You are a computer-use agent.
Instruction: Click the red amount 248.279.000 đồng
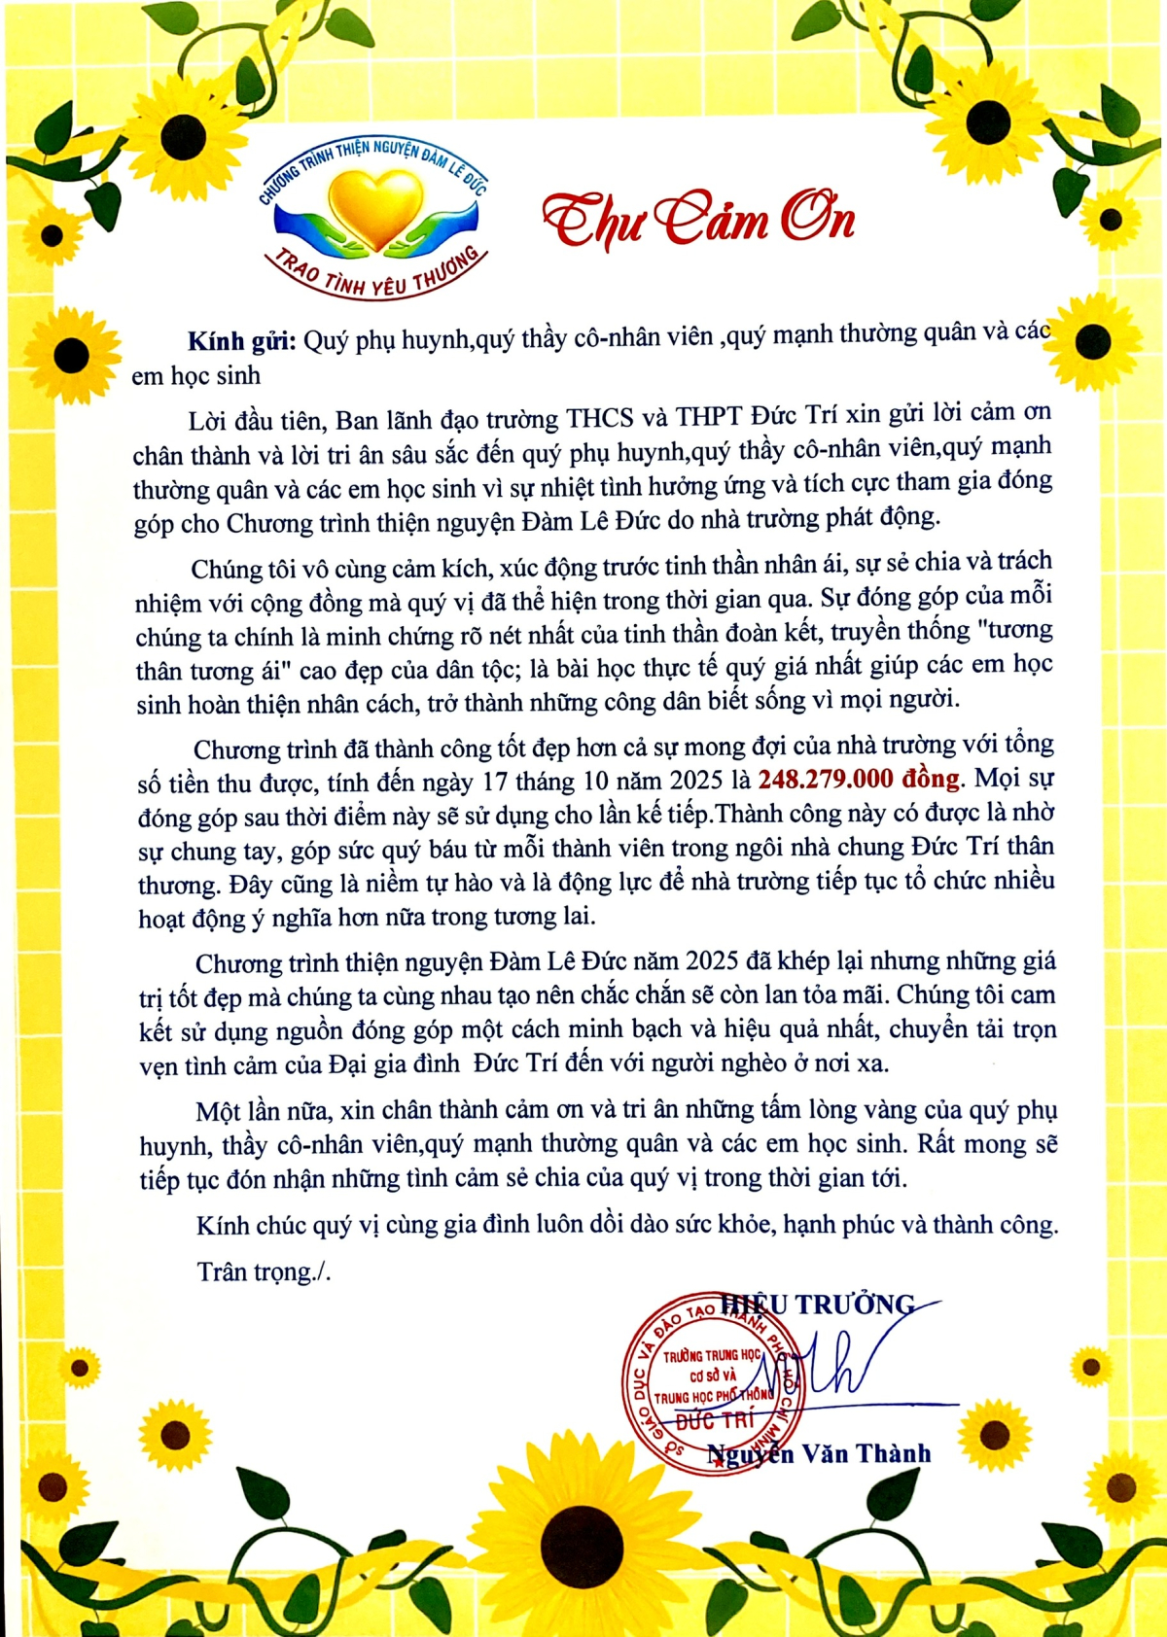click(859, 779)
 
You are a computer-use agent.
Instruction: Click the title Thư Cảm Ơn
click(698, 220)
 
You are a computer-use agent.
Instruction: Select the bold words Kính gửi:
click(239, 340)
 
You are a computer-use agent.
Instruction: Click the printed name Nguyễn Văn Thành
click(819, 1454)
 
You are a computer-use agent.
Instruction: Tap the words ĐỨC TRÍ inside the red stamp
click(715, 1420)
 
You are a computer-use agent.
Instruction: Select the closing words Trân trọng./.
click(264, 1271)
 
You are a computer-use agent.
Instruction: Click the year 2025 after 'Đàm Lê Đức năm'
click(713, 961)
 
